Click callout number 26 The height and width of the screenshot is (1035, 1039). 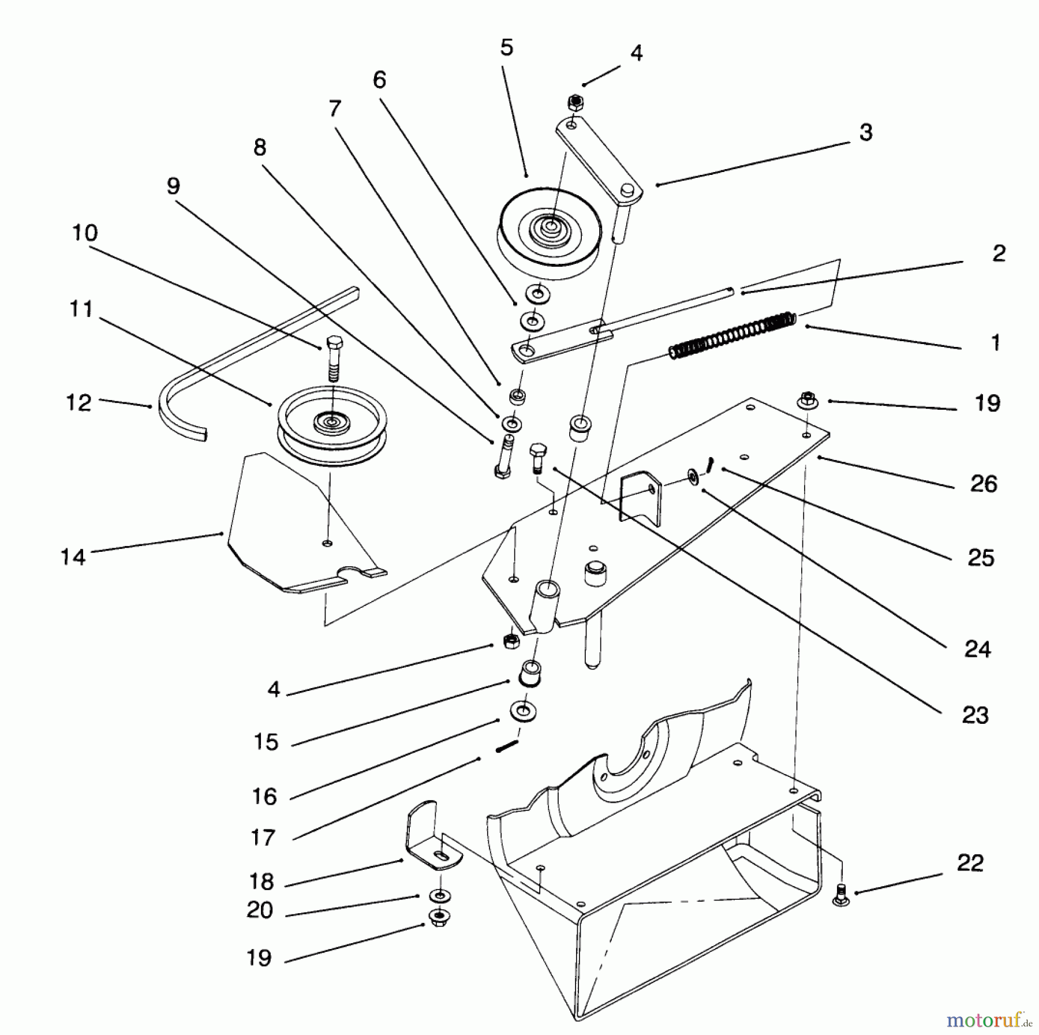984,484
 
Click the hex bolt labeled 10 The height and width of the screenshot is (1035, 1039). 333,357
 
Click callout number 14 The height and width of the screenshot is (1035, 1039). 73,557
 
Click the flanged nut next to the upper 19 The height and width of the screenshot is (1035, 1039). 807,399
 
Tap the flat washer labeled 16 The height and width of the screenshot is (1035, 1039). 522,712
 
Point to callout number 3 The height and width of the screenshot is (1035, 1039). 866,132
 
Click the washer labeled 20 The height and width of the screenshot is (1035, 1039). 440,895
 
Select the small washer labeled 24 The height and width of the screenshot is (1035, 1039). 692,477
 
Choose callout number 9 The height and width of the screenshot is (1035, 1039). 173,186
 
